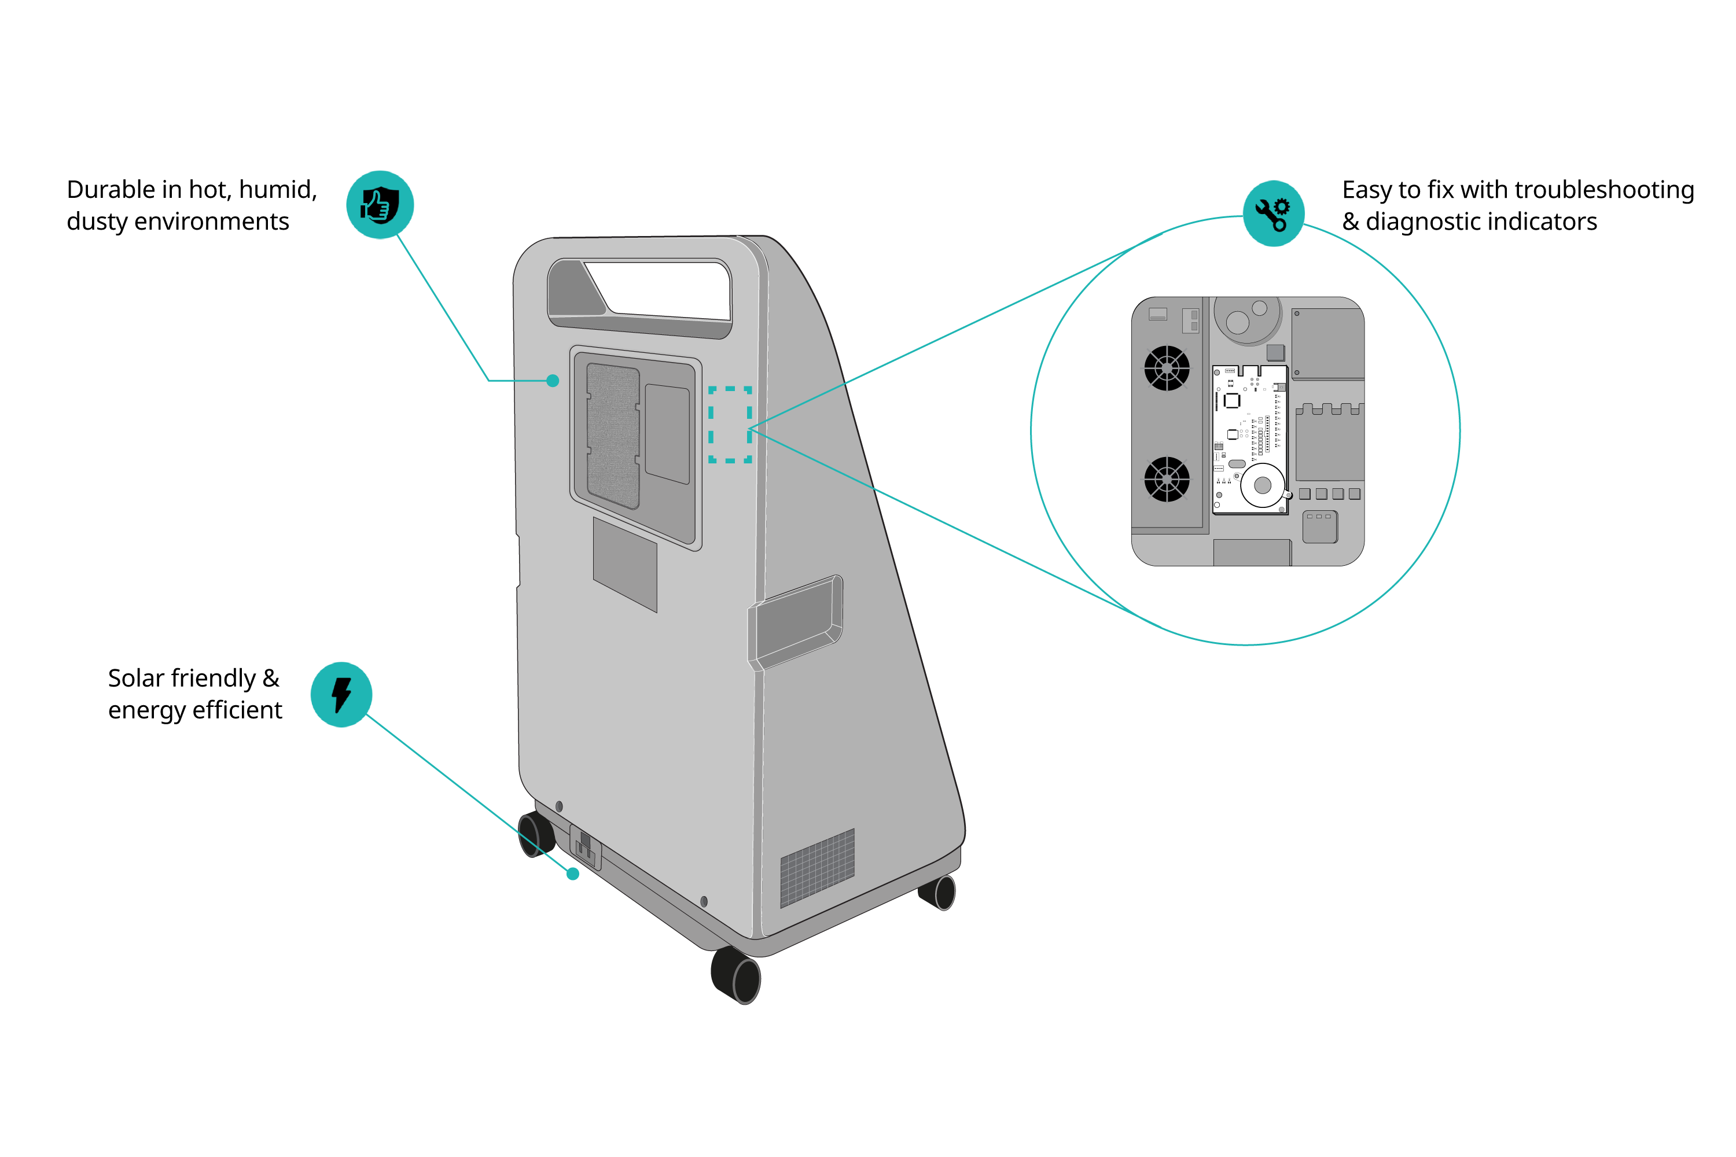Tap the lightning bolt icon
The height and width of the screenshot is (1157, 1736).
341,694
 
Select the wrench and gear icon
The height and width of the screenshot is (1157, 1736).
1273,213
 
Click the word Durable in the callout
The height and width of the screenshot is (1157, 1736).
112,190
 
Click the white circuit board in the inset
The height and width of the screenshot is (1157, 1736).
1249,439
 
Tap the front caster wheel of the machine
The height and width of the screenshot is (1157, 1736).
737,975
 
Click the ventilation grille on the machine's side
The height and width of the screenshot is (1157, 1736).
817,868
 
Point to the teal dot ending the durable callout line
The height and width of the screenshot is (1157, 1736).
553,381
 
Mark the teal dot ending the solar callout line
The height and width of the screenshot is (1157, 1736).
573,874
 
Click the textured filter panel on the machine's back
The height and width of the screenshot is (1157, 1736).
613,436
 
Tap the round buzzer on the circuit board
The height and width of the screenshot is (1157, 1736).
1262,485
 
